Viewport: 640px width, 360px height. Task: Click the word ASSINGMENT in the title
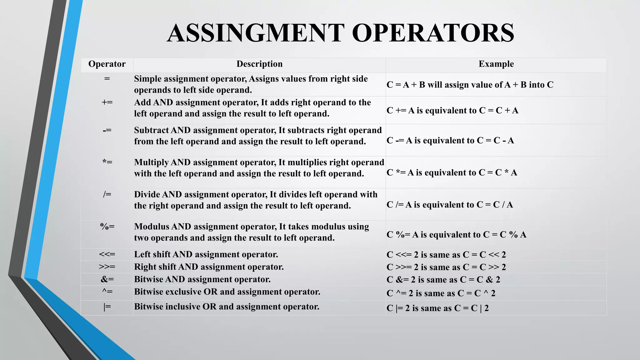[255, 33]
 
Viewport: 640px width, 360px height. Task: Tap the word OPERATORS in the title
[433, 33]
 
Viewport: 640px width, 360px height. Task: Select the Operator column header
[107, 64]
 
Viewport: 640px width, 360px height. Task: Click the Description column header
[259, 64]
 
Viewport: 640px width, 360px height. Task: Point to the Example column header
[496, 64]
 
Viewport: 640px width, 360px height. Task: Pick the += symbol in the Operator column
[107, 102]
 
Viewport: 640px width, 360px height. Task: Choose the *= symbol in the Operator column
[107, 162]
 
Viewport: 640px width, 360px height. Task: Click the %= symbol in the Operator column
[107, 227]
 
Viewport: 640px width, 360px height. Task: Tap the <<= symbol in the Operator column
[107, 254]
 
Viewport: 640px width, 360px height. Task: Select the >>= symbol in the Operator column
[107, 267]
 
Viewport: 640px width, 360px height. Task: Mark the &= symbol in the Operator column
[107, 279]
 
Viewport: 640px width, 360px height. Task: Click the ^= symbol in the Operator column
[107, 292]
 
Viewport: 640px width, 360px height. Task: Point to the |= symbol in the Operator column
[107, 307]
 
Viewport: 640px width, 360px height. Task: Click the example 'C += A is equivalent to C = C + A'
[452, 111]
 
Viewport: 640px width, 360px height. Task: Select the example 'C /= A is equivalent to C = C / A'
[450, 205]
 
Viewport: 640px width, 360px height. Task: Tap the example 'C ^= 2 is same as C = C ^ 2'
[441, 293]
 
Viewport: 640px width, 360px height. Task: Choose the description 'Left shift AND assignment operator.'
[206, 254]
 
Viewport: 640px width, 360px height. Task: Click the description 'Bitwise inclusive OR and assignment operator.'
[227, 307]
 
